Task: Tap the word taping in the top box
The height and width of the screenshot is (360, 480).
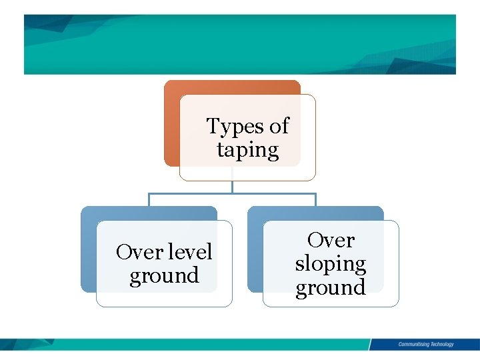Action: (x=247, y=150)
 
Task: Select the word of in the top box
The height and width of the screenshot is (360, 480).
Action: (x=277, y=125)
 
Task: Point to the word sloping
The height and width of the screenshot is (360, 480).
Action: (x=331, y=264)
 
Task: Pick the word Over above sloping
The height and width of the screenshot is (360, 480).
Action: (x=331, y=240)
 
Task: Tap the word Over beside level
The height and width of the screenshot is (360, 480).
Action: (x=137, y=252)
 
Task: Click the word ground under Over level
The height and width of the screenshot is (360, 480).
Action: (x=164, y=275)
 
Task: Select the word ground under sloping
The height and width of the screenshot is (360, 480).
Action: (x=331, y=288)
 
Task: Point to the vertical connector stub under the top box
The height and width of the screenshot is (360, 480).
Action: (x=232, y=187)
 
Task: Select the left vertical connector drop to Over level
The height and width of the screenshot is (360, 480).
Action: (x=149, y=200)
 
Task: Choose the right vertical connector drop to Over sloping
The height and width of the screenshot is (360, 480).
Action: (x=315, y=200)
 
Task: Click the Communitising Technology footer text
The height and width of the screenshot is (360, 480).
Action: (x=426, y=344)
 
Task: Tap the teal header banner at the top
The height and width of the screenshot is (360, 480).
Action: (x=240, y=44)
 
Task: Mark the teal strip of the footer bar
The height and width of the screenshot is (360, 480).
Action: (x=200, y=344)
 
